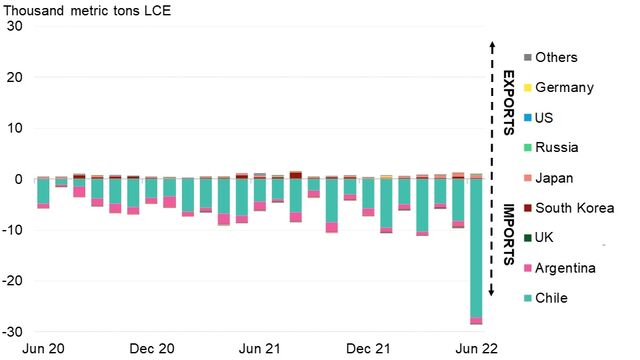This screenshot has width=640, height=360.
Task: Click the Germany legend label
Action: (564, 88)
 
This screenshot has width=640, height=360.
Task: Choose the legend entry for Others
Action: (556, 58)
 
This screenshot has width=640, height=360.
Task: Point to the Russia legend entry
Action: (559, 148)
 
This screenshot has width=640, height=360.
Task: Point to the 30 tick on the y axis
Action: (15, 26)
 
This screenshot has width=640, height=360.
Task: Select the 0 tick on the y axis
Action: (19, 179)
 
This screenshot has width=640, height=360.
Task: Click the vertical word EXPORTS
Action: (509, 102)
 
